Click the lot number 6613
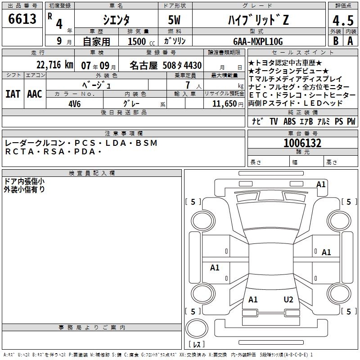pos(22,19)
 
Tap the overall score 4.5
pos(341,20)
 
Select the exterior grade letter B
pos(335,40)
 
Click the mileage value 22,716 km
pos(54,64)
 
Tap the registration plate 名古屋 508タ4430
pos(166,65)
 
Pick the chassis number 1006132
pos(302,143)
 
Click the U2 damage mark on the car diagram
pos(288,299)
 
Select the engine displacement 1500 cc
pos(140,41)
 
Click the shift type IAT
pos(13,94)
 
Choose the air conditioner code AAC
pos(34,94)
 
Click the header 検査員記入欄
pos(92,173)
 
